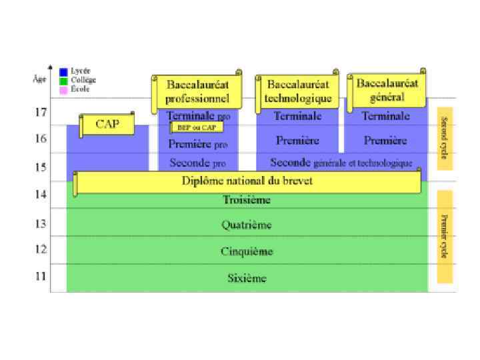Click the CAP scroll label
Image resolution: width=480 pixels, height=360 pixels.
click(107, 125)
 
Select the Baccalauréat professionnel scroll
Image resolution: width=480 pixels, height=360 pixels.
click(197, 92)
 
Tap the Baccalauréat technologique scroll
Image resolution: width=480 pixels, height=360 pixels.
click(297, 91)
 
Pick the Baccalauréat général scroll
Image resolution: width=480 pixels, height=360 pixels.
click(387, 90)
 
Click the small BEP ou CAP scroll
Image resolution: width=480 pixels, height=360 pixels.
click(197, 127)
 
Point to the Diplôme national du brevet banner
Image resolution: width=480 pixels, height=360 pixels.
click(247, 181)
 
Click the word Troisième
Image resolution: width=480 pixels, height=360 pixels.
click(247, 199)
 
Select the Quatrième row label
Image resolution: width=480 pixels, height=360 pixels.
click(247, 225)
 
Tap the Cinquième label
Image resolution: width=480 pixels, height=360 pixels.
click(247, 251)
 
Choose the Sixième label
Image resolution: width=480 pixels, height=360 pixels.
click(247, 278)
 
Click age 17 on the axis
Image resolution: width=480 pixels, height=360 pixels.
click(41, 112)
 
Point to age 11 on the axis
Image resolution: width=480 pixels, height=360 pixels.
click(41, 276)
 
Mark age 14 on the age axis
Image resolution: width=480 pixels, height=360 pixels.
click(41, 194)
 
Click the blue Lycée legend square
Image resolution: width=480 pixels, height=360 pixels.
click(63, 71)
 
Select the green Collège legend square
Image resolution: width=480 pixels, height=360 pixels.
click(63, 81)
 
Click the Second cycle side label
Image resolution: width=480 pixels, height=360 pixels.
click(445, 138)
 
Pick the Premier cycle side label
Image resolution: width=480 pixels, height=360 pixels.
click(445, 236)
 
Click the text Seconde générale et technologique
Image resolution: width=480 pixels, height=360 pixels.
click(341, 163)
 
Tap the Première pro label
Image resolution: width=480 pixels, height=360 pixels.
click(198, 144)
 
